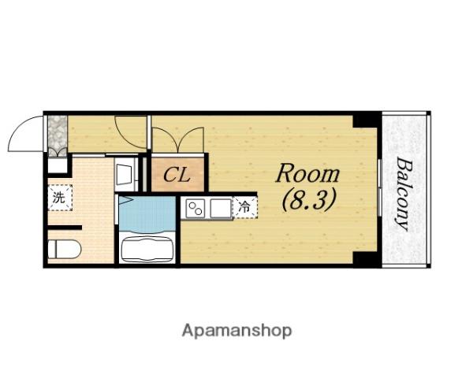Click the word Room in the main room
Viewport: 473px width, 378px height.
(307, 173)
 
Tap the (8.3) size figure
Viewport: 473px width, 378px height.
(308, 199)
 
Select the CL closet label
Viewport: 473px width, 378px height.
(177, 175)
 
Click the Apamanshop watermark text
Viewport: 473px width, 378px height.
(236, 331)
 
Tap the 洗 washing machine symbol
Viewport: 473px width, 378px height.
(60, 198)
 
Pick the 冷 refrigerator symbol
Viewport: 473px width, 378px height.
(245, 207)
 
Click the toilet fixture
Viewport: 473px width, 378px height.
(65, 250)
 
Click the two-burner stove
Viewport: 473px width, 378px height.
(196, 208)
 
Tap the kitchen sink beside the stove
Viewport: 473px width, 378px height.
(221, 208)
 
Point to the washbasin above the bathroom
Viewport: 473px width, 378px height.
(125, 175)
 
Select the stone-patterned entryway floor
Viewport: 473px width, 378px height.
(58, 136)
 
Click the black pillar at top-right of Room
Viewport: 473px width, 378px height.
(365, 120)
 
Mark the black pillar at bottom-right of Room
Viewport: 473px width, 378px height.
(365, 258)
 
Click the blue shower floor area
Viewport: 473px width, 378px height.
(147, 214)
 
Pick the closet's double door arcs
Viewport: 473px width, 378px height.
(178, 139)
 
